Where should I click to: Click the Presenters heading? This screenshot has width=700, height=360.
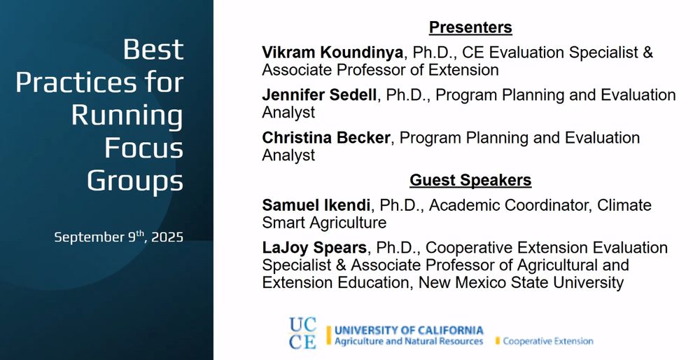470,27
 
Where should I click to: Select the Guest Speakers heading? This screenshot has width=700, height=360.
470,180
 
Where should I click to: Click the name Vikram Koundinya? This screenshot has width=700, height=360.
332,53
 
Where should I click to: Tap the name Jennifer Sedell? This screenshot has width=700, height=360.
319,95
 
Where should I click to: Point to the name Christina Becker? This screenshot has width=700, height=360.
326,137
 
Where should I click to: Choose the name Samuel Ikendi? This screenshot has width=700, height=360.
316,205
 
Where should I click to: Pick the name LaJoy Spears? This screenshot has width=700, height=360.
314,248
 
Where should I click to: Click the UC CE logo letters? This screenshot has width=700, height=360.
302,333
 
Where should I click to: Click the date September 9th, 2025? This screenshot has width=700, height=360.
119,237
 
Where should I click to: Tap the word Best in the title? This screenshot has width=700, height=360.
153,49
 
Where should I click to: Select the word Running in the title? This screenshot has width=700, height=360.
127,115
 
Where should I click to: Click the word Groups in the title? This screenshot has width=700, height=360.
135,181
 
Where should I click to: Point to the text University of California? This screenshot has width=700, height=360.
409,331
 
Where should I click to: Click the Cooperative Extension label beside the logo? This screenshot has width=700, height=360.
548,341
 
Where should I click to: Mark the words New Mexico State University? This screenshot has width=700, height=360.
521,283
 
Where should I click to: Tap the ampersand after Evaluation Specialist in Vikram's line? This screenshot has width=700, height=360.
648,53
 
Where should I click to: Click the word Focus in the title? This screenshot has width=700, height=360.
143,148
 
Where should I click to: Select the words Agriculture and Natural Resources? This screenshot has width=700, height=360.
409,341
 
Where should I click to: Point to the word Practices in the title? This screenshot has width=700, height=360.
99,82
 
